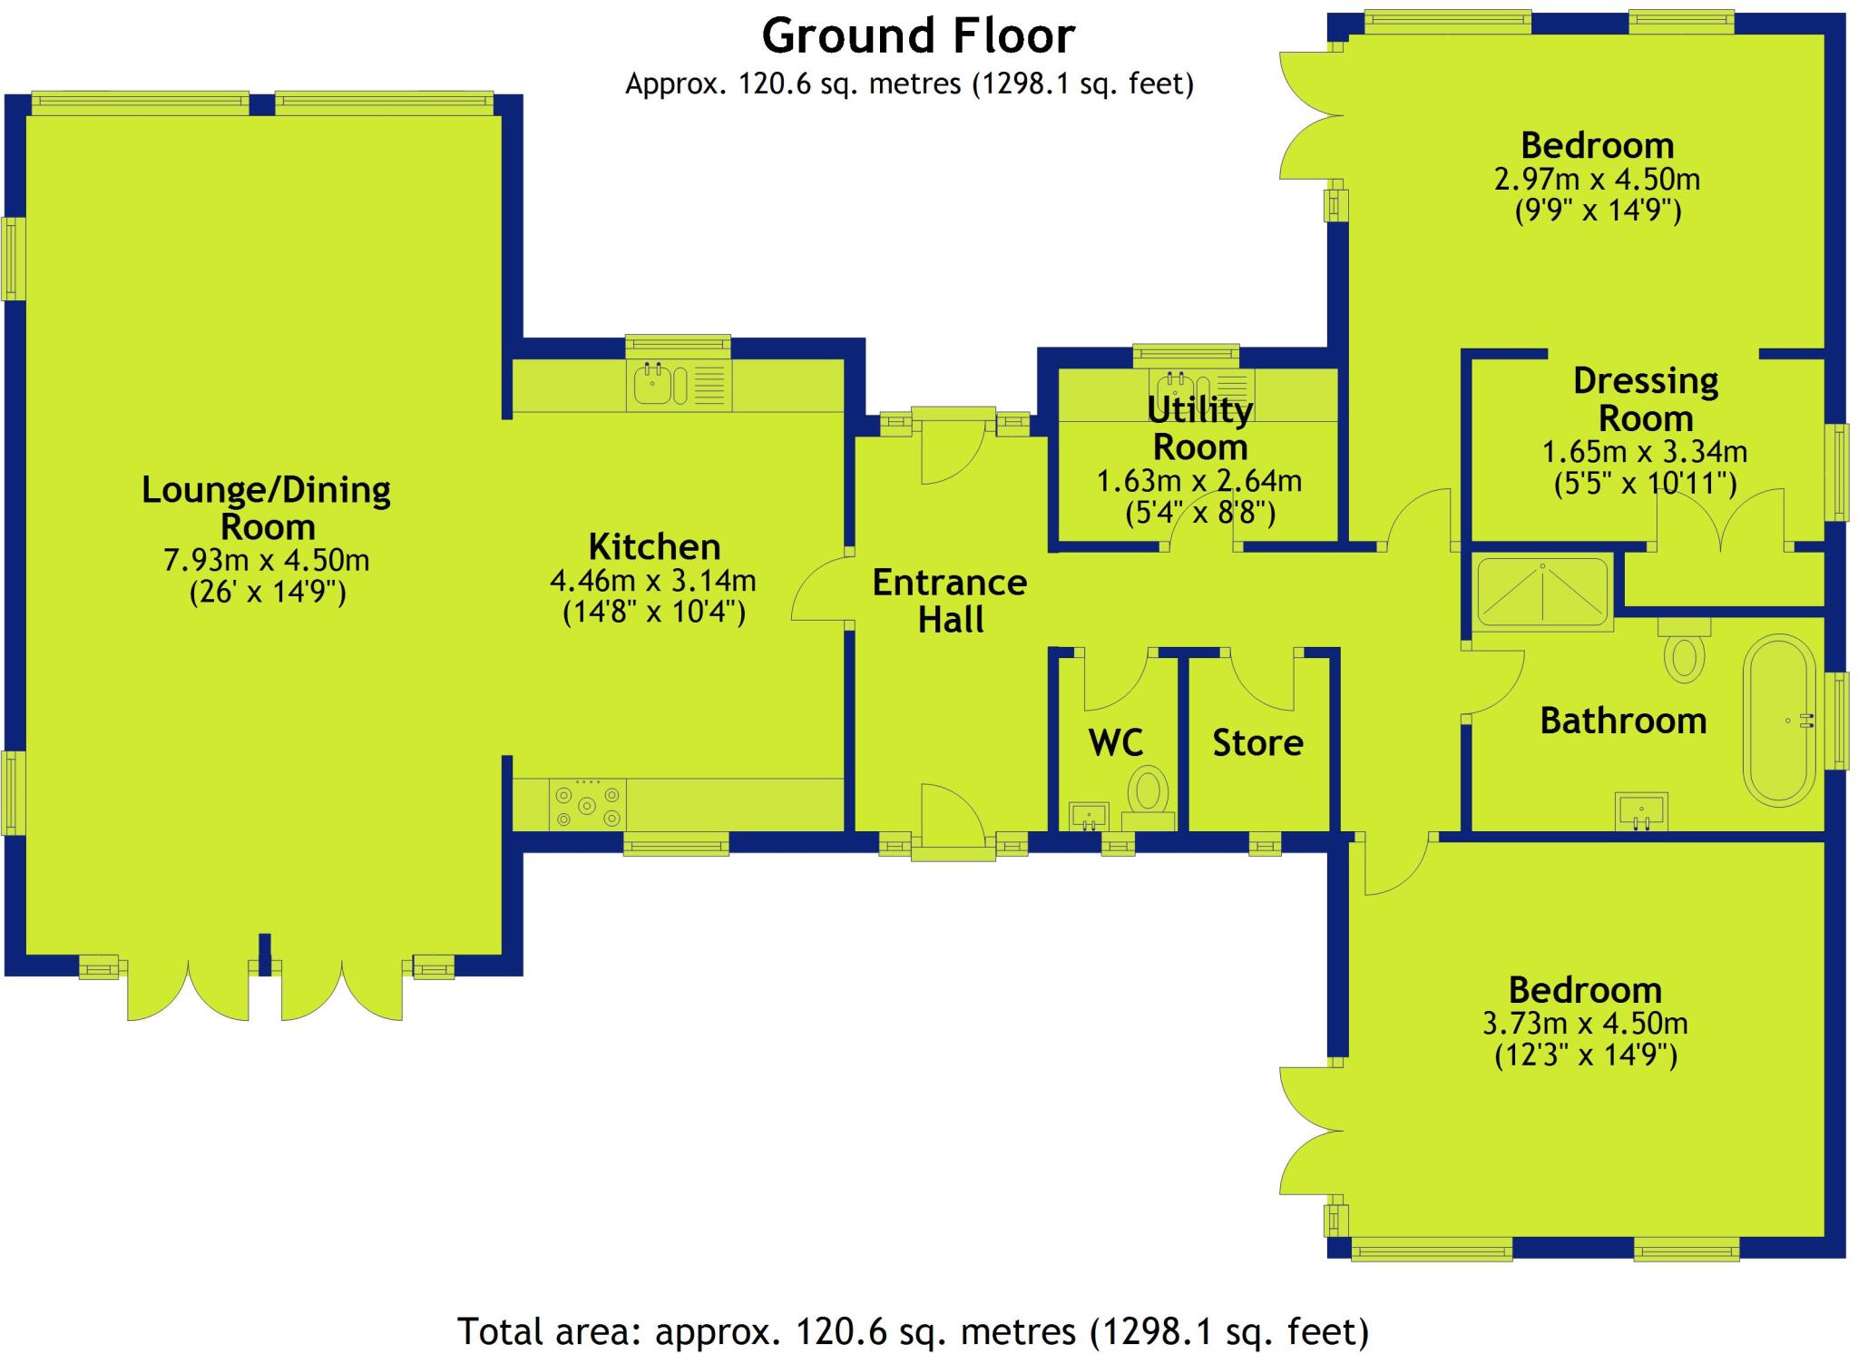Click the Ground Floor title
(x=918, y=36)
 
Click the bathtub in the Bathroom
(x=1779, y=721)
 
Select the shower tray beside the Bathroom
(x=1542, y=591)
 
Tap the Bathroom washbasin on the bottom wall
(x=1641, y=810)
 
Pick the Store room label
(x=1257, y=743)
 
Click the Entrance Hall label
(x=950, y=601)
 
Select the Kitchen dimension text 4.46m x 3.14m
(x=653, y=580)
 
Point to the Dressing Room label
(x=1646, y=399)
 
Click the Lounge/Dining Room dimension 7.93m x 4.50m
(x=267, y=560)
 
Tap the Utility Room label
(x=1199, y=428)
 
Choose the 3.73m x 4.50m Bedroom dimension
(x=1585, y=1024)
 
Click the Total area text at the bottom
(x=913, y=1331)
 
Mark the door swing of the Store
(x=1262, y=681)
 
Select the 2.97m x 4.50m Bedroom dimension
(x=1597, y=179)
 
